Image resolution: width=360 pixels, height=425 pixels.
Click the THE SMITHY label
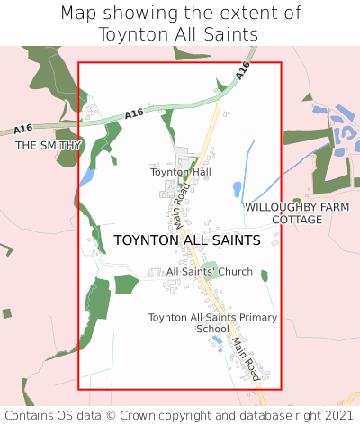pyautogui.click(x=49, y=145)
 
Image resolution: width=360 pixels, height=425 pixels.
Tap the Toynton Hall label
pyautogui.click(x=180, y=171)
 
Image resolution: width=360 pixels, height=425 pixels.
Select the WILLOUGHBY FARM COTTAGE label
pyautogui.click(x=297, y=212)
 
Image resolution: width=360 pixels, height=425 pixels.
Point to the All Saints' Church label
pyautogui.click(x=210, y=271)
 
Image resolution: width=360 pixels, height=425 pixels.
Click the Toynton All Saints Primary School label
pyautogui.click(x=213, y=322)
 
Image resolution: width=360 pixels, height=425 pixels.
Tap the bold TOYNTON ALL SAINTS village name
pyautogui.click(x=187, y=240)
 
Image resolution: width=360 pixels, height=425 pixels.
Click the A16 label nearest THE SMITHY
pyautogui.click(x=134, y=113)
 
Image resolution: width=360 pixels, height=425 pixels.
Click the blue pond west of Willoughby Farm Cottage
pyautogui.click(x=237, y=189)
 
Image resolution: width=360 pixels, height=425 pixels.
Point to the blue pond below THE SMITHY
pyautogui.click(x=86, y=178)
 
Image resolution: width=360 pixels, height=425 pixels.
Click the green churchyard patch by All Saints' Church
pyautogui.click(x=209, y=268)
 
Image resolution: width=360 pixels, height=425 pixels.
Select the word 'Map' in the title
pyautogui.click(x=78, y=14)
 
